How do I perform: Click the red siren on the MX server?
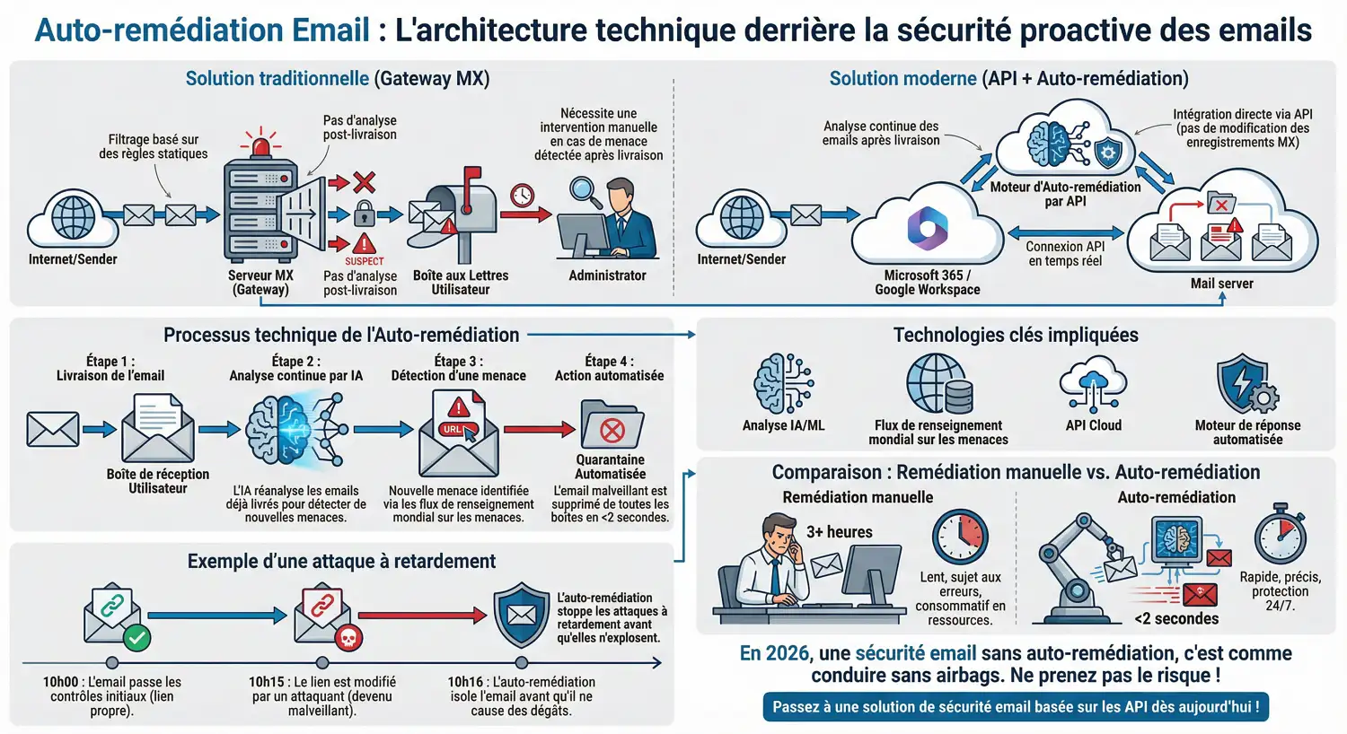(x=260, y=144)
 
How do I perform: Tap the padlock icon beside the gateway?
(x=364, y=214)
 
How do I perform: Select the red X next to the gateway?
(x=364, y=183)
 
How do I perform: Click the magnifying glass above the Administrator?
(x=585, y=191)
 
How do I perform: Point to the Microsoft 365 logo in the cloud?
(x=927, y=227)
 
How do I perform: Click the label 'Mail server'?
(x=1221, y=284)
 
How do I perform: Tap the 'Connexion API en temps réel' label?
(x=1065, y=253)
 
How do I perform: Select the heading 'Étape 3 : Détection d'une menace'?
(x=458, y=368)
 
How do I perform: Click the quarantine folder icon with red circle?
(x=612, y=425)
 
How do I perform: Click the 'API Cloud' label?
(x=1093, y=425)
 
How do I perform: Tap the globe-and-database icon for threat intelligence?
(x=939, y=384)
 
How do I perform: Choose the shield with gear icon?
(x=1246, y=385)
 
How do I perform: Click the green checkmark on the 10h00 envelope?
(x=136, y=638)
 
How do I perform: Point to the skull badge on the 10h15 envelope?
(x=348, y=638)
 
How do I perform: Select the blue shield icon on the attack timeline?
(x=522, y=616)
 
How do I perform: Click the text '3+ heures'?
(x=839, y=532)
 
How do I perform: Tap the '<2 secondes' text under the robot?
(x=1176, y=618)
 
